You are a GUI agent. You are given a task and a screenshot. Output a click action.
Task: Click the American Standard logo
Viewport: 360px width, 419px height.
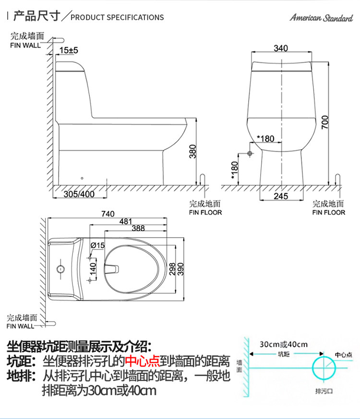click(x=321, y=18)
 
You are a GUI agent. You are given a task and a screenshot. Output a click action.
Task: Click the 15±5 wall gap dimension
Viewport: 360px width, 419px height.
click(x=69, y=50)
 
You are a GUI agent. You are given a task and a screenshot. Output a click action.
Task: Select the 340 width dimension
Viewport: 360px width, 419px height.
click(x=281, y=48)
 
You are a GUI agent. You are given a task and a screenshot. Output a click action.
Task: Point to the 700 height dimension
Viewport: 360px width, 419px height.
click(x=325, y=122)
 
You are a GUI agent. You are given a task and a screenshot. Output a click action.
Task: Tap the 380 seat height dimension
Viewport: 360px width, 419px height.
click(x=192, y=151)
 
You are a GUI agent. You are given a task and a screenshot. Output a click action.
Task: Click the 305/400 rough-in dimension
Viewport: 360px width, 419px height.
click(x=79, y=194)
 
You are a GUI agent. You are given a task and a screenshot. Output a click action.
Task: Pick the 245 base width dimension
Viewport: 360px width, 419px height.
click(x=281, y=196)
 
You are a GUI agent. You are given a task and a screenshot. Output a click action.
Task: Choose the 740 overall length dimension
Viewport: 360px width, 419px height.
click(x=108, y=214)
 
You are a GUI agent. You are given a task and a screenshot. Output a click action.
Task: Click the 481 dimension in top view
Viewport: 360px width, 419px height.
click(x=126, y=221)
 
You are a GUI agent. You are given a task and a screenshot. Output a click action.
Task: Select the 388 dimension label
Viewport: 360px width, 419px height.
click(x=138, y=228)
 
